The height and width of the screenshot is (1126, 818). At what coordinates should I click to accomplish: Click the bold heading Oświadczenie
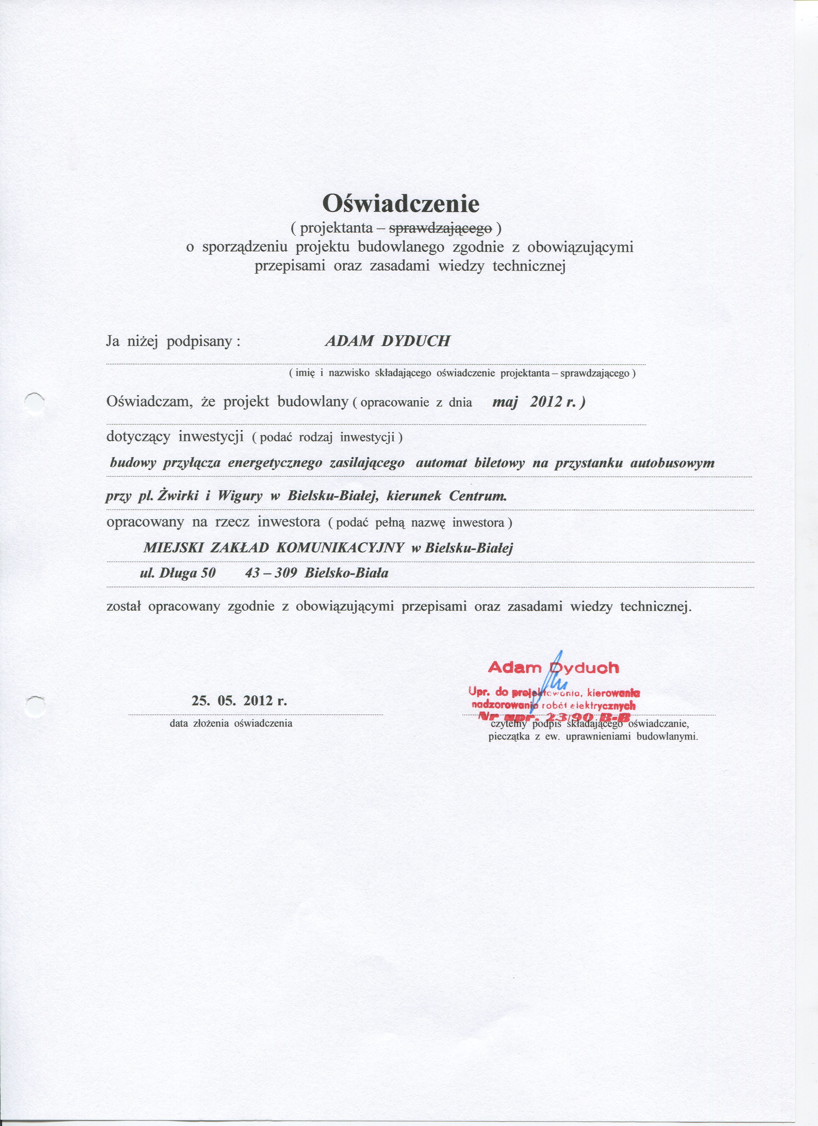pyautogui.click(x=401, y=203)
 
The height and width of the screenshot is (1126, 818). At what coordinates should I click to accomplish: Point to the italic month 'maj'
pyautogui.click(x=505, y=402)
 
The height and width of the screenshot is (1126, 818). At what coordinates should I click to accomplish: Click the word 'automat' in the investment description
pyautogui.click(x=441, y=463)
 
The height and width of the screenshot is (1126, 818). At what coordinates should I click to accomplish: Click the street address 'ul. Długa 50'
pyautogui.click(x=178, y=573)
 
